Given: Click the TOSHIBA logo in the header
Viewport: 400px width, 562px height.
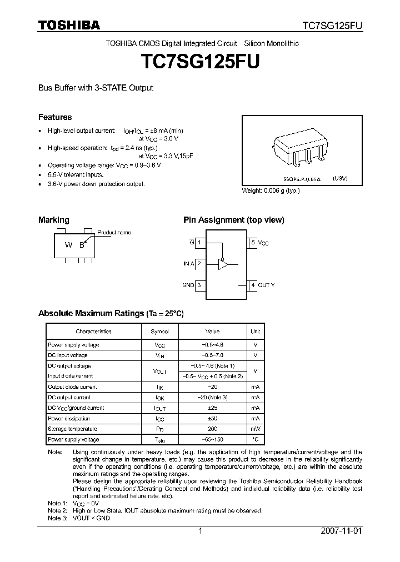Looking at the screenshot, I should click(x=68, y=25).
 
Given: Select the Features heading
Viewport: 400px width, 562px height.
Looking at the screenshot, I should click(x=55, y=117).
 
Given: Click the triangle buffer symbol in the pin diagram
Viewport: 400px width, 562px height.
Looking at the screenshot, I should click(x=223, y=264).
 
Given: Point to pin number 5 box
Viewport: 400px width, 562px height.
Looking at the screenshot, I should click(x=253, y=243).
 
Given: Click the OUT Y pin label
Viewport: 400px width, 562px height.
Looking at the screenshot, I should click(x=266, y=285).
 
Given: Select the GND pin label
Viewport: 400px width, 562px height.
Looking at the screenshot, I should click(x=188, y=285).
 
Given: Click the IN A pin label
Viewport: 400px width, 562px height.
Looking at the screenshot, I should click(x=188, y=264).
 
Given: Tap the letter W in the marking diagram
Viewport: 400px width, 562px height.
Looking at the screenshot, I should click(x=68, y=245).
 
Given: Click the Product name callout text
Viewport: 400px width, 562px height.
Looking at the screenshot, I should click(x=114, y=232).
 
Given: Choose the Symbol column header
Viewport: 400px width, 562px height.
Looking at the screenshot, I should click(x=159, y=332).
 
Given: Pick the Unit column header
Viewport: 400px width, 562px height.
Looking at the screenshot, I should click(x=255, y=332).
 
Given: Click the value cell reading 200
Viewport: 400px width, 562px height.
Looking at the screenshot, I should click(x=212, y=429).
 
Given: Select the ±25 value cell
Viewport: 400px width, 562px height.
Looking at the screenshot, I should click(x=212, y=408).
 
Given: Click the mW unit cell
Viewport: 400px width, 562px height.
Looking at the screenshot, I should click(x=255, y=429).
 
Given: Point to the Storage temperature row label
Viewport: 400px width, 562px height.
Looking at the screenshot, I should click(x=73, y=429).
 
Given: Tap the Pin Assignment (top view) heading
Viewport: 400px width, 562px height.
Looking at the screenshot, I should click(x=234, y=220).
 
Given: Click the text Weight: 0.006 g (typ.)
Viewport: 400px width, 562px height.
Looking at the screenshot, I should click(x=271, y=190).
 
